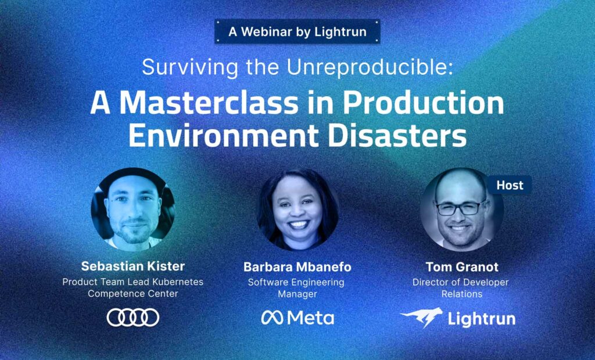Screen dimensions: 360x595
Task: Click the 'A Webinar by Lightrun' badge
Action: pos(297,31)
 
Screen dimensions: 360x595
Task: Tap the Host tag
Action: pos(510,185)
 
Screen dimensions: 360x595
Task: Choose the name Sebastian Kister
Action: pos(133,267)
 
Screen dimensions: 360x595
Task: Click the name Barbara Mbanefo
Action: pos(297,267)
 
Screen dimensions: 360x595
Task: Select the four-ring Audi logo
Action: pos(133,317)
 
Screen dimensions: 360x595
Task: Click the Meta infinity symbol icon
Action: pos(272,318)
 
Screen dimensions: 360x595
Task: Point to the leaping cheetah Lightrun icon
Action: pos(421,318)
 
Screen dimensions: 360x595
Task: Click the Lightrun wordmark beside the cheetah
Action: pos(481,318)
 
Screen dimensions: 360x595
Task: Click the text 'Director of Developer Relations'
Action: pos(461,288)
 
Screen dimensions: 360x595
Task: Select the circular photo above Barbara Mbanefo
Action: pos(297,209)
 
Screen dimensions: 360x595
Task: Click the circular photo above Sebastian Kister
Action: pos(133,209)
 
